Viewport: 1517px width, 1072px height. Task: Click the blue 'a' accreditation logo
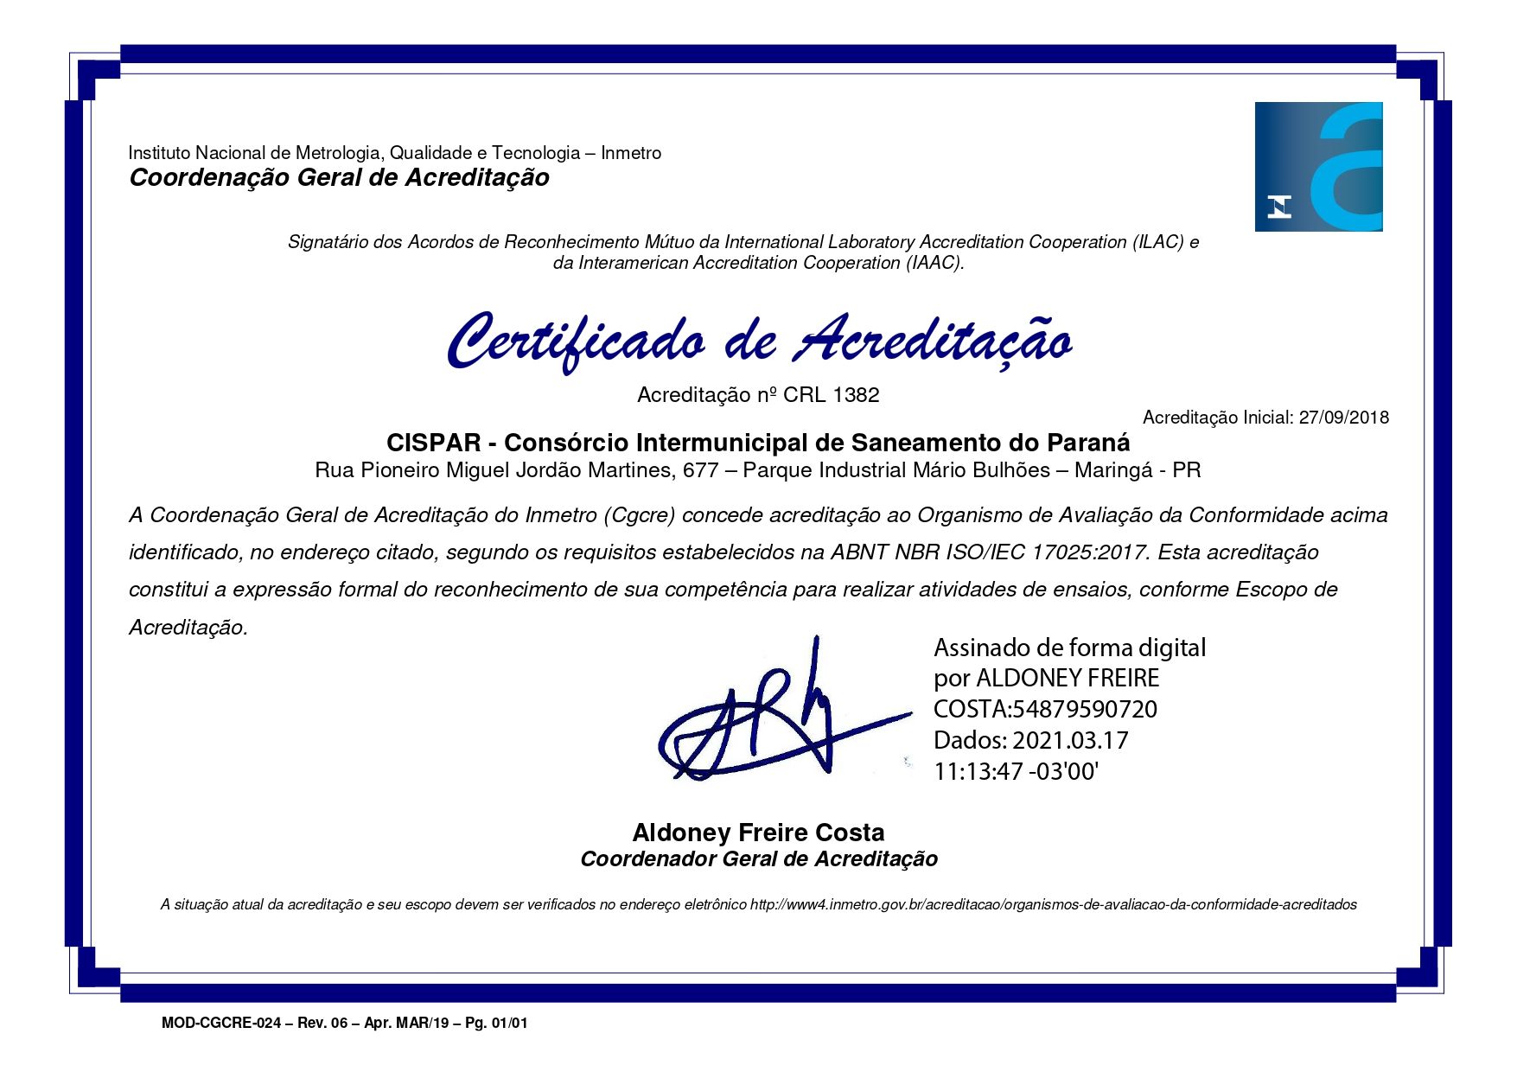click(x=1318, y=167)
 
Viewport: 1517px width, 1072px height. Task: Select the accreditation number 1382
click(x=856, y=395)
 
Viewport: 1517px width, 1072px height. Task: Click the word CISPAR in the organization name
click(x=433, y=443)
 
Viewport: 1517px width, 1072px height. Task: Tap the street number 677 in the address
click(x=700, y=470)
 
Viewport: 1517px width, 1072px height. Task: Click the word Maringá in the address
click(x=1105, y=470)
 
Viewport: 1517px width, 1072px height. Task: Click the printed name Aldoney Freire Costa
click(x=758, y=833)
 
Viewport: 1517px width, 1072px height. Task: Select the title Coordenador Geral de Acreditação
click(x=758, y=859)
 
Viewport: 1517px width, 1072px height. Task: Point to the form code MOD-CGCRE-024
click(x=221, y=1024)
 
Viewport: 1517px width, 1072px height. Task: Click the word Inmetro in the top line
click(x=631, y=153)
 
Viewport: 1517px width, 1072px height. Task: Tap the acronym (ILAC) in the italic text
click(x=1157, y=242)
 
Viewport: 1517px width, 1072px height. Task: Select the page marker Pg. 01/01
click(x=496, y=1024)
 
